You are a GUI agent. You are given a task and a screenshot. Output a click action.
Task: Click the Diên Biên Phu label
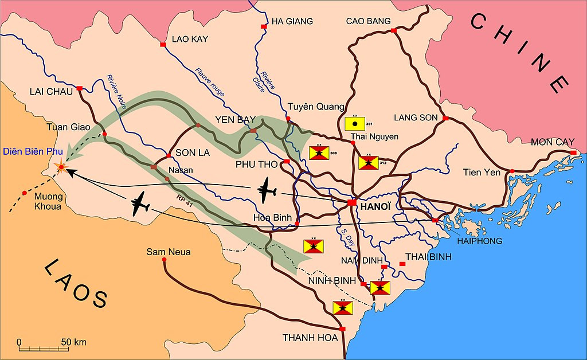click(x=32, y=151)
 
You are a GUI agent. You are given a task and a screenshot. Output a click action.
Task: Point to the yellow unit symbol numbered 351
click(x=355, y=123)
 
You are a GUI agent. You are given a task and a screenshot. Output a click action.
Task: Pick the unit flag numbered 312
click(x=368, y=162)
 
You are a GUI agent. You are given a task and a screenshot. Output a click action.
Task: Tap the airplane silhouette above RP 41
click(x=142, y=204)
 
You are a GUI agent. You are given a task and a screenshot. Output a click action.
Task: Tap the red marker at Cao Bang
click(x=394, y=30)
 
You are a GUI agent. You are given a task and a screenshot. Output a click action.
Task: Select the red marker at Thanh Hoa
click(x=342, y=328)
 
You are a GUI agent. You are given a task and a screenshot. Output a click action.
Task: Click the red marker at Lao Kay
click(x=163, y=44)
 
